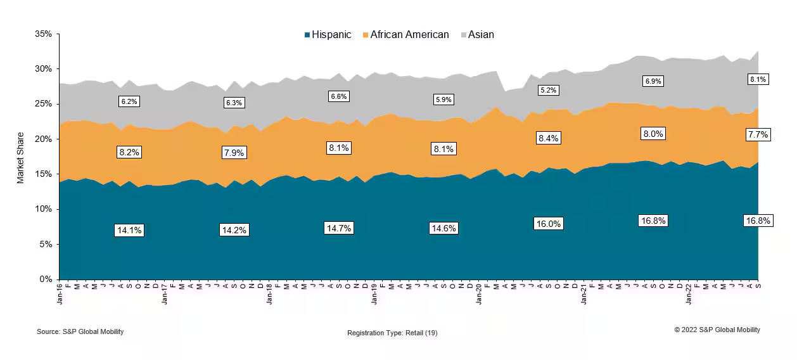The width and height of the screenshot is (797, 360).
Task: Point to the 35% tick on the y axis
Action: (43, 34)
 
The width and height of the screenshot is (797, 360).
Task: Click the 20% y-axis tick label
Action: (43, 139)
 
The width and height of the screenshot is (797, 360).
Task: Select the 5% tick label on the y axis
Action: (46, 244)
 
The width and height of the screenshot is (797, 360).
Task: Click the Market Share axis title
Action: (20, 157)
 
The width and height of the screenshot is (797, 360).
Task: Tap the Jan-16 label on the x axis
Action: (60, 295)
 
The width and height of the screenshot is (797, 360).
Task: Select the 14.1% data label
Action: (129, 230)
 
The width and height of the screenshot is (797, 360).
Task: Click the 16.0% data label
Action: (548, 224)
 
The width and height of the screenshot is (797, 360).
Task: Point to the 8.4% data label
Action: (548, 138)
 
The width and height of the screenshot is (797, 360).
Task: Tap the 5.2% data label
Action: (548, 91)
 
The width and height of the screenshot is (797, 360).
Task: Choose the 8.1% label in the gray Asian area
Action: (758, 80)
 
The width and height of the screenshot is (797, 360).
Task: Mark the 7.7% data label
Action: (758, 134)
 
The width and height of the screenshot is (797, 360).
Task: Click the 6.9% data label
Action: (653, 81)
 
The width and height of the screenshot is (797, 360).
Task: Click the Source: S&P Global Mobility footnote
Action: (80, 331)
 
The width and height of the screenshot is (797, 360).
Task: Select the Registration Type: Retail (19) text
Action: (392, 333)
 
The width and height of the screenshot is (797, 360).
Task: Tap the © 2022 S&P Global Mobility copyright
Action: (717, 330)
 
